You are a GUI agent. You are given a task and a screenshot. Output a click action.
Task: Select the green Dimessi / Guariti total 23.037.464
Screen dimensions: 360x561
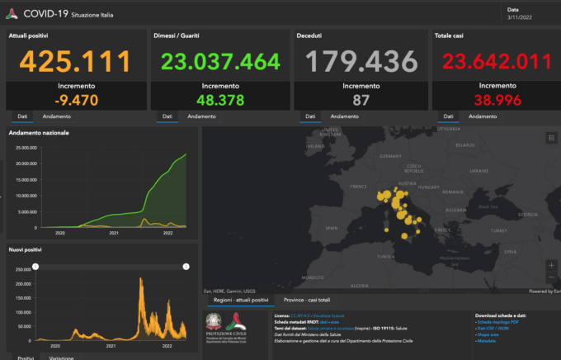pyautogui.click(x=220, y=60)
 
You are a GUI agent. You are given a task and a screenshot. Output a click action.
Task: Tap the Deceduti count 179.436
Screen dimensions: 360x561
pyautogui.click(x=361, y=60)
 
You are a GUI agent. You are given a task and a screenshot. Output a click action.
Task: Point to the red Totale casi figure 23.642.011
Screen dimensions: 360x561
pyautogui.click(x=495, y=60)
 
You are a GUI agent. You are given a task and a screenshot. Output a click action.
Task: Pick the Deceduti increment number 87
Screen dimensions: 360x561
pyautogui.click(x=361, y=100)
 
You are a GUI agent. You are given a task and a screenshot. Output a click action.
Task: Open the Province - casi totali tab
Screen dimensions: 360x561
pyautogui.click(x=307, y=300)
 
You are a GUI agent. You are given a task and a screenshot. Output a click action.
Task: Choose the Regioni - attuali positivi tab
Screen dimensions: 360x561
pyautogui.click(x=241, y=300)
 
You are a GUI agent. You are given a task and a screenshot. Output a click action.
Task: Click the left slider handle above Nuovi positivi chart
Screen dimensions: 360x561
pyautogui.click(x=35, y=266)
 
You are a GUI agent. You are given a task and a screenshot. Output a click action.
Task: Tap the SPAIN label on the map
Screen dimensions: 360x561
pyautogui.click(x=332, y=227)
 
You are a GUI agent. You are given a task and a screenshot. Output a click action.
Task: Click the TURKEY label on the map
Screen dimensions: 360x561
pyautogui.click(x=496, y=231)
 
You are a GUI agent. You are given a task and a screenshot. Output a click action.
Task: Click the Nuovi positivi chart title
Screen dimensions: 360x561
pyautogui.click(x=27, y=249)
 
